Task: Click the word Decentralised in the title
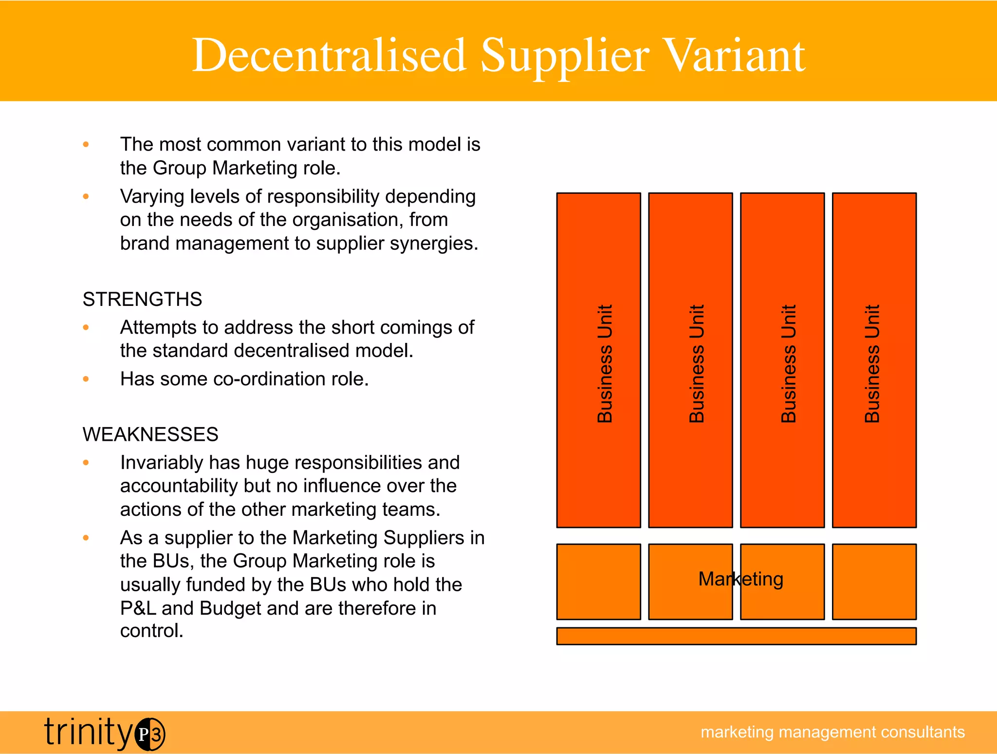pyautogui.click(x=329, y=56)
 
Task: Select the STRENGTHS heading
pyautogui.click(x=142, y=299)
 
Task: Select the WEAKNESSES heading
pyautogui.click(x=150, y=434)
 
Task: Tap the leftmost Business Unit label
pyautogui.click(x=605, y=363)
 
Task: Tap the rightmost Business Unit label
pyautogui.click(x=872, y=363)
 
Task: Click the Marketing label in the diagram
pyautogui.click(x=740, y=579)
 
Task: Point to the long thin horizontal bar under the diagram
pyautogui.click(x=736, y=636)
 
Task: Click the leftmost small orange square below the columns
pyautogui.click(x=598, y=582)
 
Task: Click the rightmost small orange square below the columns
pyautogui.click(x=874, y=582)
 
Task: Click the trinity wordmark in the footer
pyautogui.click(x=88, y=732)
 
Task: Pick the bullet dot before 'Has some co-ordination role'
pyautogui.click(x=86, y=379)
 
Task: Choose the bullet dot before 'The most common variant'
pyautogui.click(x=86, y=144)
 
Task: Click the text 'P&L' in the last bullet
pyautogui.click(x=138, y=608)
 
